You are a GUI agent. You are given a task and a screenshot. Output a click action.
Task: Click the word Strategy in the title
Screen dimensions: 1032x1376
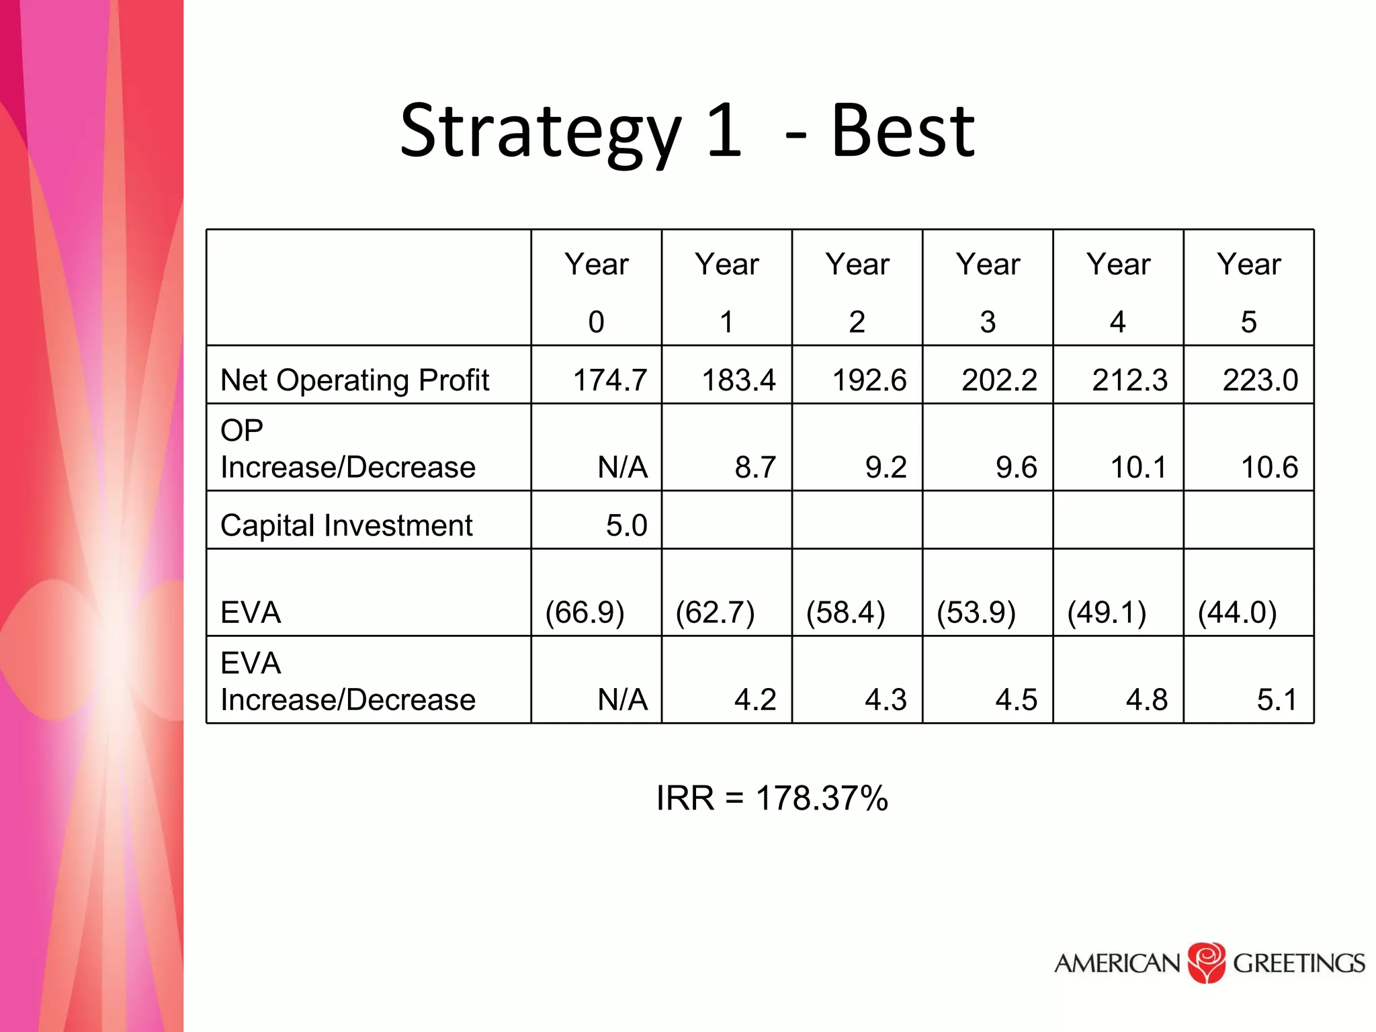click(x=541, y=133)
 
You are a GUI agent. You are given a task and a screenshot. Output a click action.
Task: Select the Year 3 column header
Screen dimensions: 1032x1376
click(x=988, y=292)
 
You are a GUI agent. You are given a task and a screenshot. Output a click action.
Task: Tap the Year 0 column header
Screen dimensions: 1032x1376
click(x=596, y=292)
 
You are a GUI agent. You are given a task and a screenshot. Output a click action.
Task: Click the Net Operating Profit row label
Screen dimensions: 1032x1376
click(x=355, y=380)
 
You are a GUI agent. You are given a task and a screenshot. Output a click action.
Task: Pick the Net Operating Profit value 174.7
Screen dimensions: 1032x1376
click(x=610, y=380)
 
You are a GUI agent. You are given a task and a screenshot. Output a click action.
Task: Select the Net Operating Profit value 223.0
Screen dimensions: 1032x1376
click(x=1260, y=380)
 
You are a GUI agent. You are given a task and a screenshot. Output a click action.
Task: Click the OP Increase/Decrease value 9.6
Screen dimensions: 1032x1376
click(x=1016, y=467)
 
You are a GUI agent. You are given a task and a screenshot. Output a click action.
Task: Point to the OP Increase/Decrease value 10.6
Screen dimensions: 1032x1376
click(x=1268, y=467)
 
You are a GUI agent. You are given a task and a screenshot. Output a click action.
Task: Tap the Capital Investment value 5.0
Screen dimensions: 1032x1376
click(x=626, y=525)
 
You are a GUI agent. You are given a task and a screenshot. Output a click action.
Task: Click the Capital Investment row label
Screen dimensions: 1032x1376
click(x=347, y=525)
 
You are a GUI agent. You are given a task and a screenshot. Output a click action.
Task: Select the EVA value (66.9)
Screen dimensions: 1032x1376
click(x=585, y=612)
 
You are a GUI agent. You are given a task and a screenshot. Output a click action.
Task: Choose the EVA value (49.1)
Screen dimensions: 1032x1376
click(x=1107, y=612)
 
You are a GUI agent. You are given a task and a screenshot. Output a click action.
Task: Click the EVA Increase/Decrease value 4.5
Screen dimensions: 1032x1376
click(x=1016, y=699)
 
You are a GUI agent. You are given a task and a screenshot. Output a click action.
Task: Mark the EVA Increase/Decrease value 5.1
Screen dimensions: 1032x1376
click(x=1277, y=699)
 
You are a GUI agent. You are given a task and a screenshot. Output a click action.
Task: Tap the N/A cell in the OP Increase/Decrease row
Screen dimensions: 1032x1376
click(x=623, y=467)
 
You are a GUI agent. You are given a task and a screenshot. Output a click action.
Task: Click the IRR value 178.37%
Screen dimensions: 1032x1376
click(x=822, y=798)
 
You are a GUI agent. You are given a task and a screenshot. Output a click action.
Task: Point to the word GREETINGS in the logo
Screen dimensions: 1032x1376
click(x=1298, y=963)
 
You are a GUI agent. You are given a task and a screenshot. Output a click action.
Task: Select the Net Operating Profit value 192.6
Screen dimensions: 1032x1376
click(x=869, y=380)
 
